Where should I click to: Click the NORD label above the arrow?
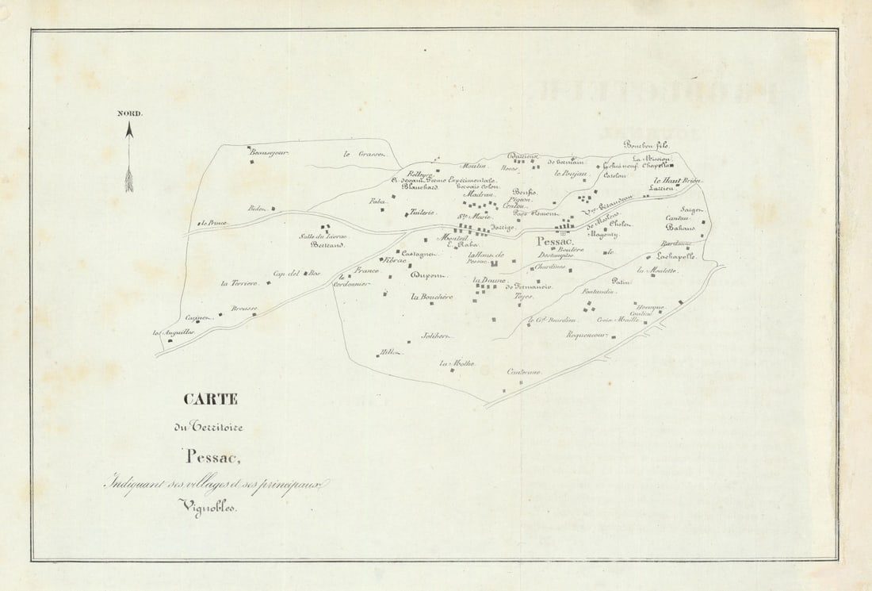[x=130, y=113]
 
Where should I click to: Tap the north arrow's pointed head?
[x=129, y=128]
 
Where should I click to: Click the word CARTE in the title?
[x=211, y=399]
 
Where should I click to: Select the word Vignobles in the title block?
[x=208, y=505]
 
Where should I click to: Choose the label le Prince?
[x=214, y=223]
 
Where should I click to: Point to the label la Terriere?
[x=239, y=283]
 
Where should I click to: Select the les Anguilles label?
[x=174, y=332]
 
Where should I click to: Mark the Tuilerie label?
[x=422, y=213]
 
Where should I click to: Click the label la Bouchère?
[x=431, y=297]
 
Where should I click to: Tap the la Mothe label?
[x=457, y=363]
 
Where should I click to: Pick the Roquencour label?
[x=587, y=336]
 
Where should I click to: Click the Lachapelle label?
[x=675, y=256]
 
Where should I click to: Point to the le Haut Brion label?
[x=676, y=182]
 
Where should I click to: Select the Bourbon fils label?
[x=646, y=144]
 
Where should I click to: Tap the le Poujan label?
[x=570, y=173]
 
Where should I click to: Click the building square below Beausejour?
[x=253, y=162]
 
